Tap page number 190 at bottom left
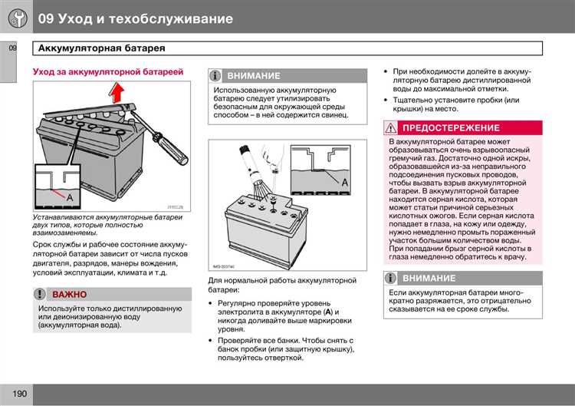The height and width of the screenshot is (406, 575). point(19,394)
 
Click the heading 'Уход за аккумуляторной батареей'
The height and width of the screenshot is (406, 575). point(107,71)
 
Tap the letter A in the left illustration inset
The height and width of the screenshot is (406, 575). point(71,197)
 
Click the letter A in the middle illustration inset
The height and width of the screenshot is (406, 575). point(344,181)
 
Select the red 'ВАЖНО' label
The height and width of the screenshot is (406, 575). point(69,295)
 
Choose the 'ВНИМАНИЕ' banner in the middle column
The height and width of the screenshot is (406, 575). point(253,76)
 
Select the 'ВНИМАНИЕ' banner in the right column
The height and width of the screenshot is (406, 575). point(429,279)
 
